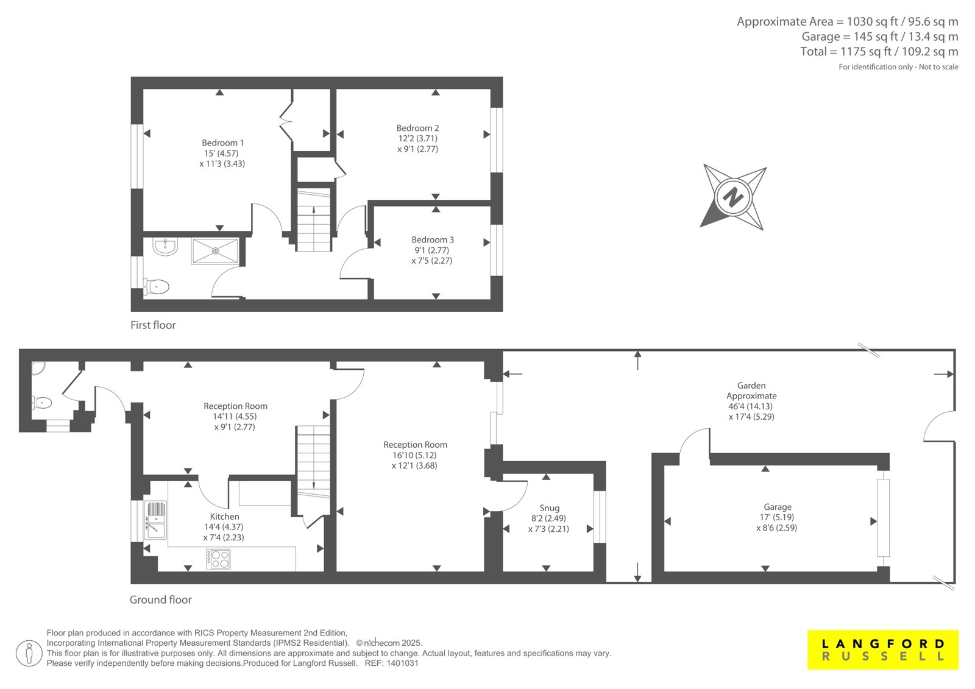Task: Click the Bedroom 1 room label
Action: point(222,143)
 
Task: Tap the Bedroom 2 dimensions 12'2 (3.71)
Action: point(417,138)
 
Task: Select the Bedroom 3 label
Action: point(433,240)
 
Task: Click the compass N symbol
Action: point(733,197)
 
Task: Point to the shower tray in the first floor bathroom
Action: point(215,251)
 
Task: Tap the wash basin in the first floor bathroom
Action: point(165,246)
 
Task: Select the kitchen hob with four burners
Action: point(219,559)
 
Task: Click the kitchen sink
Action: point(155,520)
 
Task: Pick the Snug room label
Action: point(549,508)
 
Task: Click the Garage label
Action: point(778,507)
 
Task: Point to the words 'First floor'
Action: point(153,325)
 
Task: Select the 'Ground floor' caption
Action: point(161,600)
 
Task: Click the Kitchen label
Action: point(225,517)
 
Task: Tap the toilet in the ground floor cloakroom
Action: point(42,403)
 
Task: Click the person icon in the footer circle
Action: point(29,653)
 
